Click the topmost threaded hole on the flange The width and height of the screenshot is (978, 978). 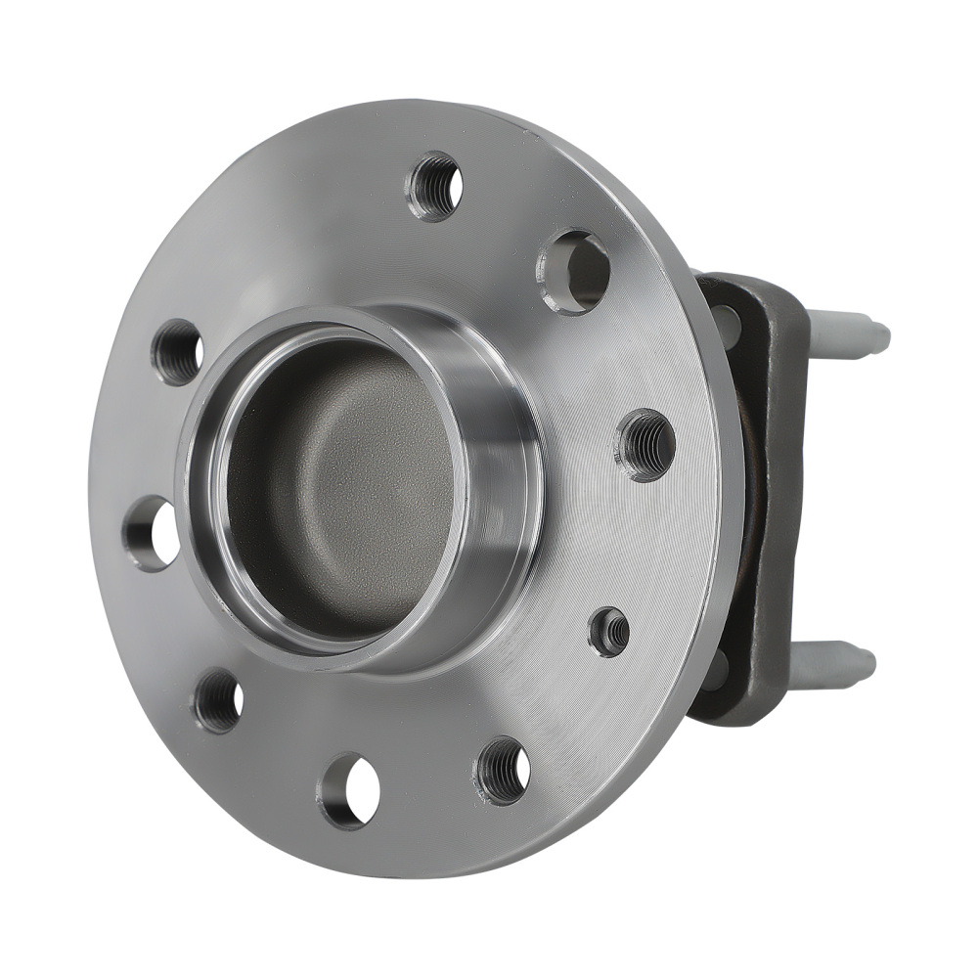434,186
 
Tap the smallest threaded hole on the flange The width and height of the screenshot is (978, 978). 609,631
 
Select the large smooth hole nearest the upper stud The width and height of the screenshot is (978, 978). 575,271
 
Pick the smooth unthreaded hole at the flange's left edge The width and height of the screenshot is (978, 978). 152,533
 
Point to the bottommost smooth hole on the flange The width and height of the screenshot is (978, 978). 349,789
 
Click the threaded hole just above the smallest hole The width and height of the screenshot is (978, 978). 645,445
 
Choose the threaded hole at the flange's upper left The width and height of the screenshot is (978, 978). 178,351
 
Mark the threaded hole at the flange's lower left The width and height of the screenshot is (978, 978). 218,700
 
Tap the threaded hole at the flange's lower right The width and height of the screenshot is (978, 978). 503,770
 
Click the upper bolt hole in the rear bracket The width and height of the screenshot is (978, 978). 727,323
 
